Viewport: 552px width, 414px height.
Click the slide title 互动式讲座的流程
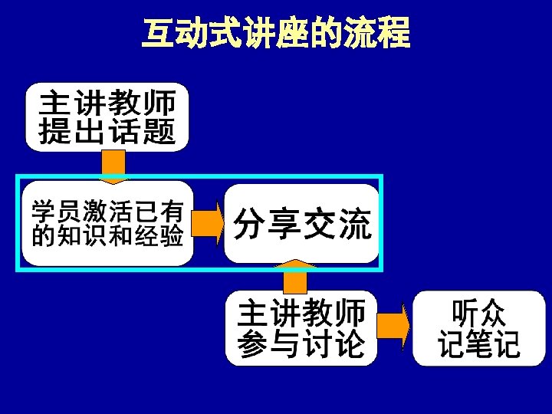[276, 33]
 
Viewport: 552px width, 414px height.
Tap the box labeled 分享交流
[301, 223]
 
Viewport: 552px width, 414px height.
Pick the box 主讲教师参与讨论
[301, 328]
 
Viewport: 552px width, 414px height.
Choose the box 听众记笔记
[478, 328]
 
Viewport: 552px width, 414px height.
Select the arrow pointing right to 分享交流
[207, 223]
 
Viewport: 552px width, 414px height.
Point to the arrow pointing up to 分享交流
[295, 278]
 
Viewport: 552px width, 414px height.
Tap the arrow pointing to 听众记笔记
[395, 327]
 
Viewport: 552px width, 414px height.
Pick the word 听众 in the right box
[478, 313]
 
